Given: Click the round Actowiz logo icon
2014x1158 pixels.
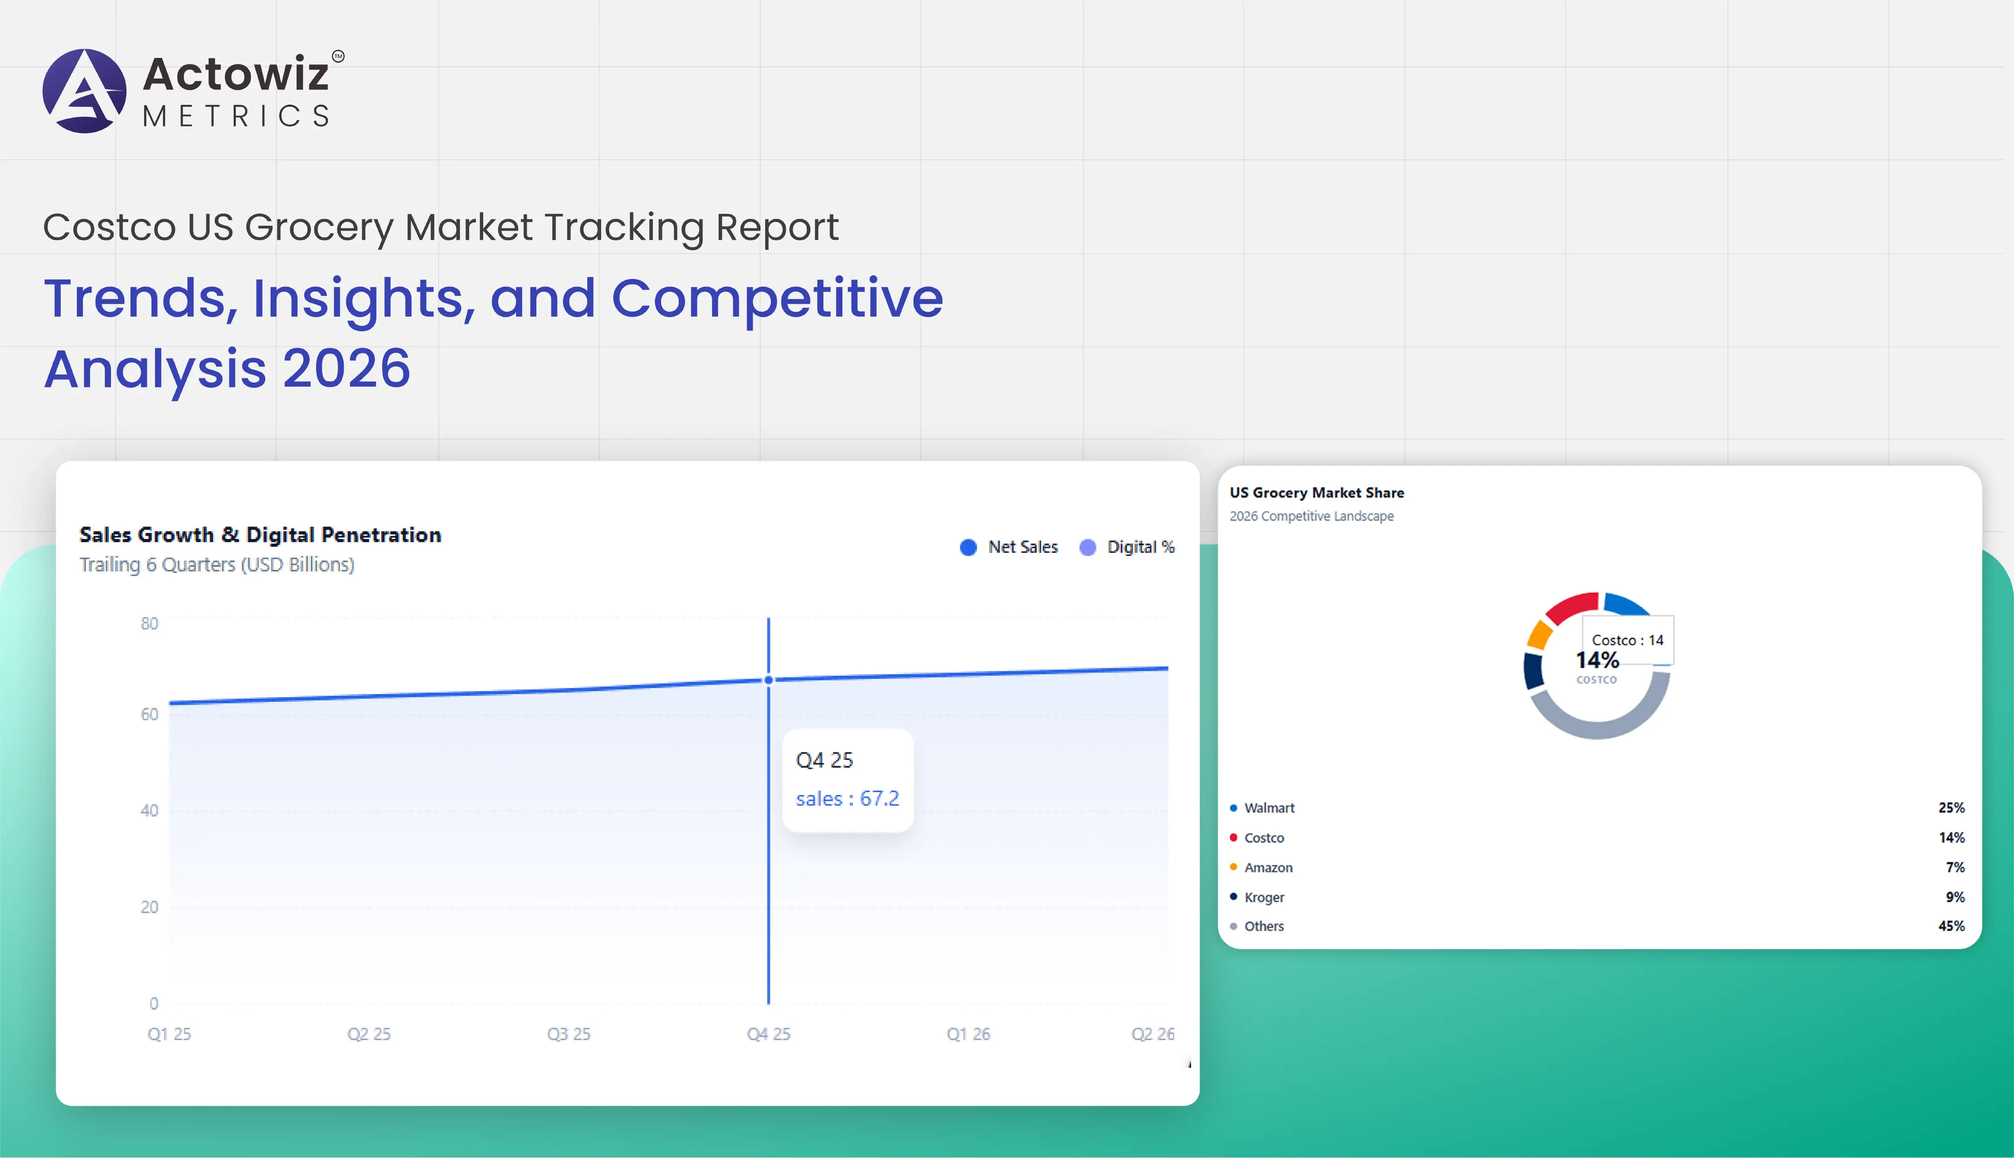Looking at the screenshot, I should (x=84, y=91).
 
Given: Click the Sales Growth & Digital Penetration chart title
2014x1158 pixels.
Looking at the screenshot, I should (x=260, y=534).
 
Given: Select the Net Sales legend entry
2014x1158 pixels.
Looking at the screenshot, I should (x=1009, y=547).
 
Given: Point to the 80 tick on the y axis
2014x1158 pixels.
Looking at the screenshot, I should (x=149, y=624).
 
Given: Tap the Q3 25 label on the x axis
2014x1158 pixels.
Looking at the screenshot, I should (x=569, y=1034).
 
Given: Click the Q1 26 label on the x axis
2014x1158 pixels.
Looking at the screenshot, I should (x=968, y=1034).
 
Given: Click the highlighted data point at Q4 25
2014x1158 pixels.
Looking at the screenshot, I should (x=768, y=680).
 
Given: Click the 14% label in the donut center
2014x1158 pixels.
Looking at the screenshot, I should (x=1596, y=660).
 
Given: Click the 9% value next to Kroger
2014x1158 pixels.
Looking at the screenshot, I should (x=1954, y=897).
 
